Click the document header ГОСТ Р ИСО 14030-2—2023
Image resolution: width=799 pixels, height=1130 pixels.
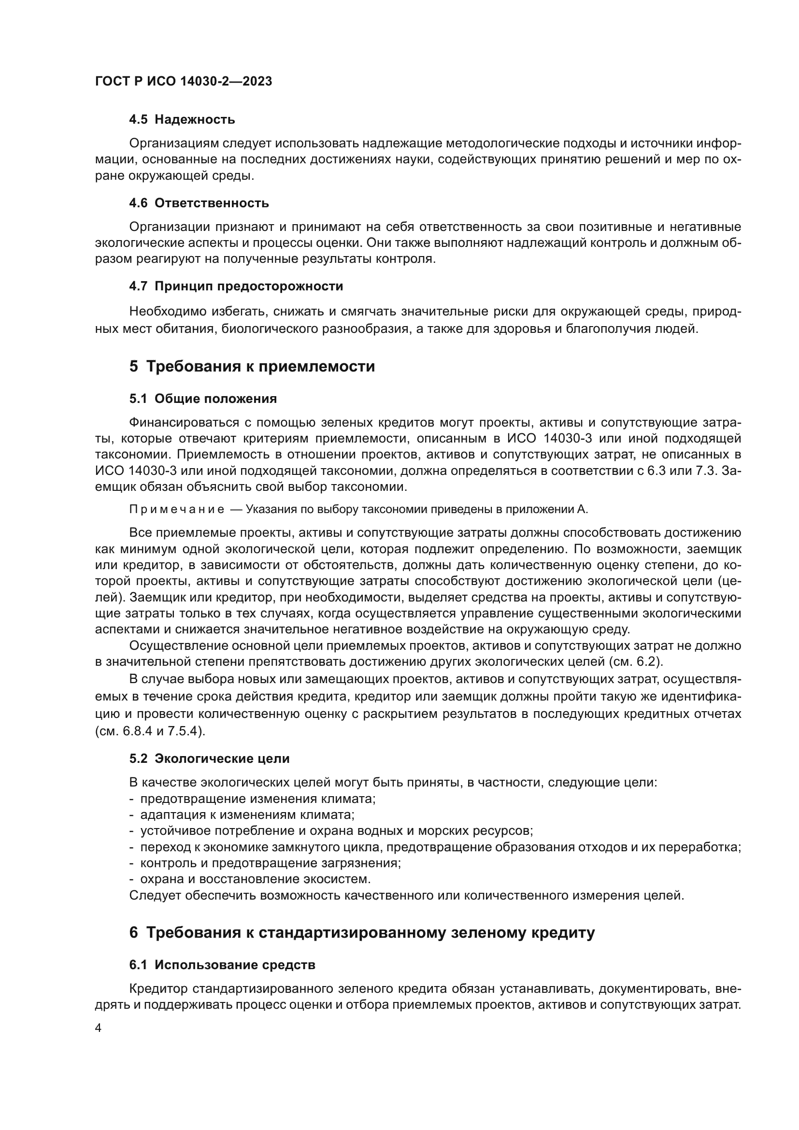[x=184, y=81]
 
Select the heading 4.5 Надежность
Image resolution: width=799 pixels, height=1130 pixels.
[x=182, y=120]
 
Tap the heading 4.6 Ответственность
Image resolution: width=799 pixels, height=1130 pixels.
[x=199, y=203]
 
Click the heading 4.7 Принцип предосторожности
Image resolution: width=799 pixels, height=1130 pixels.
[x=236, y=286]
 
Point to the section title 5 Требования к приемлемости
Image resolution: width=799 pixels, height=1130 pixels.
[x=252, y=367]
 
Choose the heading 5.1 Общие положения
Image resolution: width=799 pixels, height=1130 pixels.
[x=203, y=399]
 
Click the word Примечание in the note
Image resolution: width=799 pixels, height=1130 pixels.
[x=177, y=509]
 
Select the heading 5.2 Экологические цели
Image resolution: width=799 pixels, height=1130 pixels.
[x=209, y=758]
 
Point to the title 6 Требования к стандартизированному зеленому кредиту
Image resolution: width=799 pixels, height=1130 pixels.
[x=362, y=932]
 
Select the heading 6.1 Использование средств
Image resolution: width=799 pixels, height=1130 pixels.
[x=222, y=965]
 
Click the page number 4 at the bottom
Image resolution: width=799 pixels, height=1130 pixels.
[x=99, y=1029]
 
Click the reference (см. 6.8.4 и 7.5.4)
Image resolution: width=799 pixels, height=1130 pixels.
[x=150, y=731]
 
